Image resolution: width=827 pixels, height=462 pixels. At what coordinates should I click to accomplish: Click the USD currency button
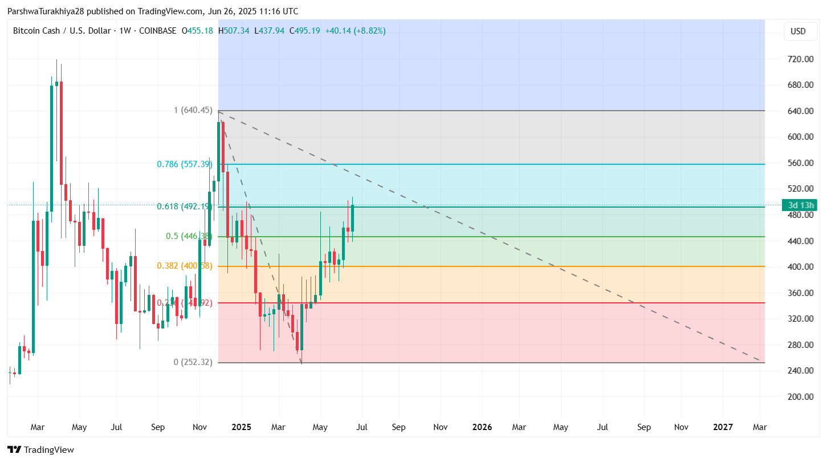click(798, 31)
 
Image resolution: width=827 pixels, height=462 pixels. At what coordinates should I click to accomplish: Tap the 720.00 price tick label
click(800, 59)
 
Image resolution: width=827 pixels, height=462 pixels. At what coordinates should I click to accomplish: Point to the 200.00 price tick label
click(800, 397)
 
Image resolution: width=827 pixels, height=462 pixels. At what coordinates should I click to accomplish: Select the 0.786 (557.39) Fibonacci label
click(185, 164)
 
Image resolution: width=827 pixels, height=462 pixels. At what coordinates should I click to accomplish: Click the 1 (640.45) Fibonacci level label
click(193, 110)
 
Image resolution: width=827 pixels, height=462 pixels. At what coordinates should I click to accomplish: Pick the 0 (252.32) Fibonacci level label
click(193, 362)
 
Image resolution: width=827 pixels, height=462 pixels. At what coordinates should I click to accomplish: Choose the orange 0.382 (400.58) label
click(185, 266)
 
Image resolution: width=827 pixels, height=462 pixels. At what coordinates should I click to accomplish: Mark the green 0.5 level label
click(189, 236)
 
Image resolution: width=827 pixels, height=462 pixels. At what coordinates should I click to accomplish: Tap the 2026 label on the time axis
click(482, 427)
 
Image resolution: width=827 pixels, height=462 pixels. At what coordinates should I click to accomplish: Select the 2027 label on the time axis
click(723, 427)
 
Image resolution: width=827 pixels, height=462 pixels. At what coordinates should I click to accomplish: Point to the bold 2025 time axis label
click(241, 427)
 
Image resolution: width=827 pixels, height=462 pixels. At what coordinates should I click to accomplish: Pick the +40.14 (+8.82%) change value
click(355, 31)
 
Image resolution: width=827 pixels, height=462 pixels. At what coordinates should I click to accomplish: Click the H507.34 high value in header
click(234, 31)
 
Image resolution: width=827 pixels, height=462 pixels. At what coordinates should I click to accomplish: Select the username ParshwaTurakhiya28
click(46, 11)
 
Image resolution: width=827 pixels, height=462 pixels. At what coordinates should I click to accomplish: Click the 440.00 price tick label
click(800, 241)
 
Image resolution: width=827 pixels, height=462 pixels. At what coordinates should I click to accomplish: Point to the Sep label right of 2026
click(643, 427)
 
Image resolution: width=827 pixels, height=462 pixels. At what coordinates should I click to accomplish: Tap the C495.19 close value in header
click(305, 31)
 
